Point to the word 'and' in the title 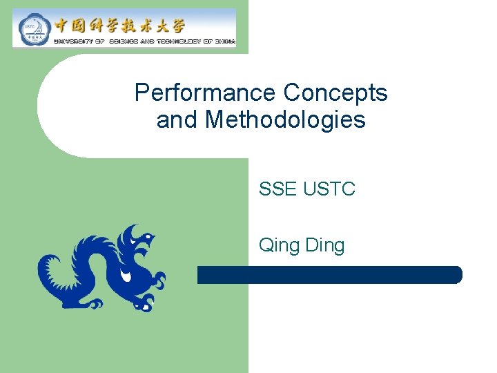click(x=177, y=120)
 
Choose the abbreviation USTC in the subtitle click(x=329, y=189)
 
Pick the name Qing click(x=279, y=245)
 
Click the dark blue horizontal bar click(x=329, y=275)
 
